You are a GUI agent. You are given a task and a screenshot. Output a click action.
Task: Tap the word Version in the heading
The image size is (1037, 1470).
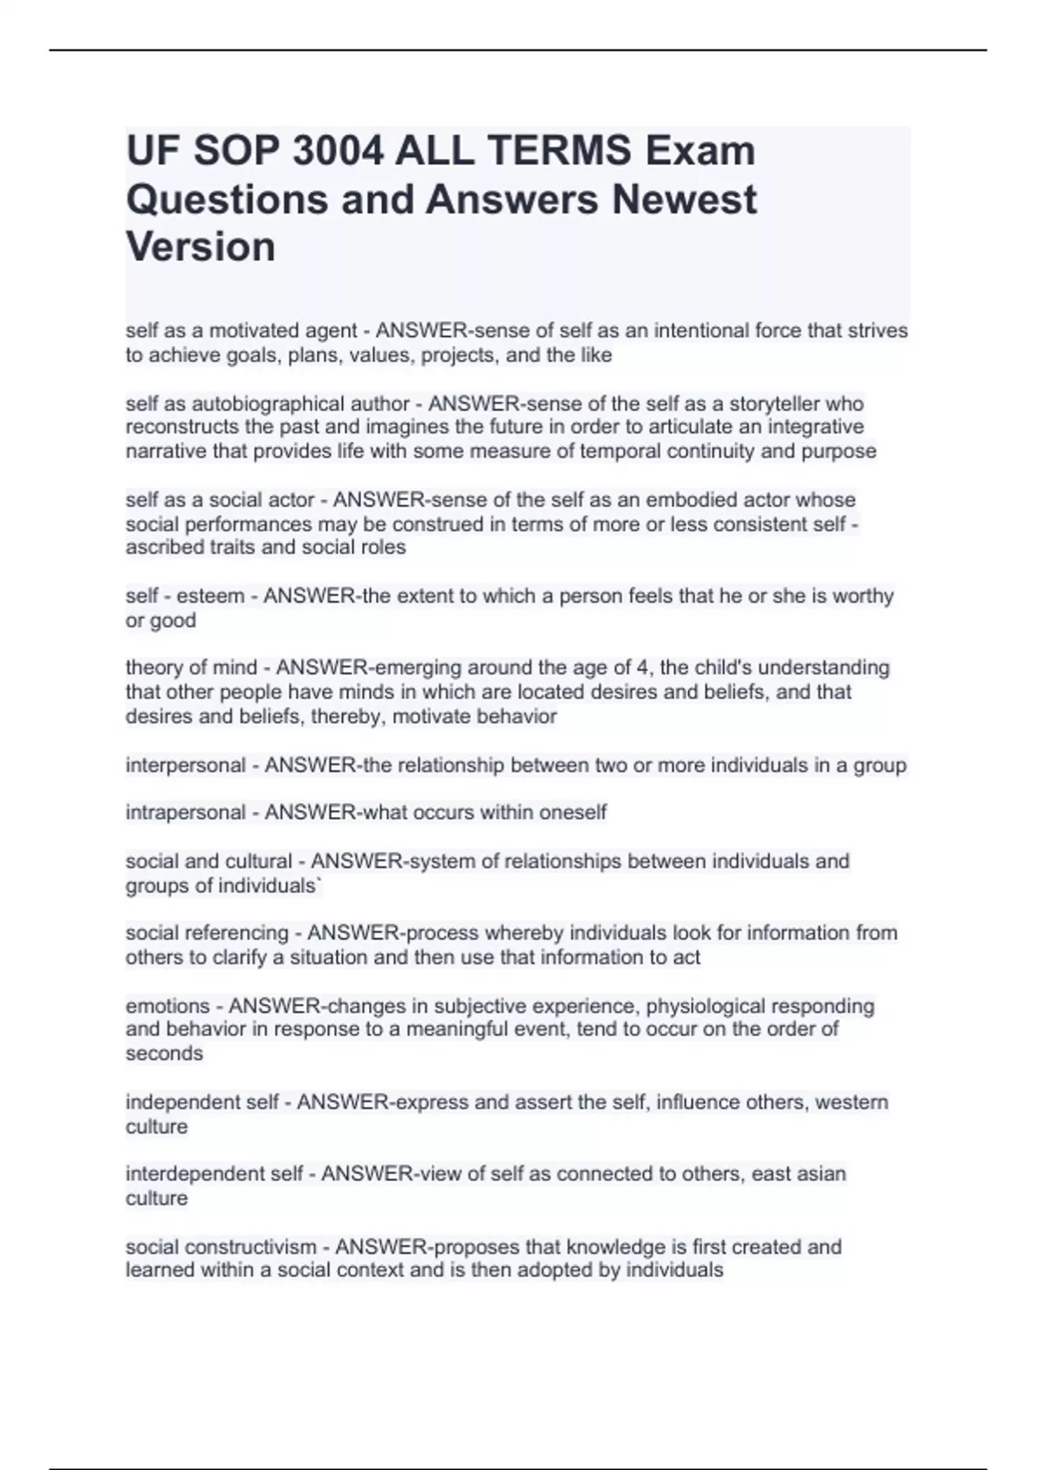click(x=200, y=246)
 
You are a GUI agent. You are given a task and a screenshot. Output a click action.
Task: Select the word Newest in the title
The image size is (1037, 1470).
click(x=684, y=199)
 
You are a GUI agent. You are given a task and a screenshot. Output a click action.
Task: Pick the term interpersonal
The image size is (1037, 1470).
click(x=186, y=765)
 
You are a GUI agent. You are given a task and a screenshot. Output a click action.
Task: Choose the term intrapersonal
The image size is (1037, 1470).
click(x=186, y=813)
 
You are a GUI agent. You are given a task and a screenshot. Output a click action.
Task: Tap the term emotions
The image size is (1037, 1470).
click(x=168, y=1007)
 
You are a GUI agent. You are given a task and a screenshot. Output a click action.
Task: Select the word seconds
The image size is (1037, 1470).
click(x=164, y=1054)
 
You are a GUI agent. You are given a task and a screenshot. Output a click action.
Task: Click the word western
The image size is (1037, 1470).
click(x=851, y=1102)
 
